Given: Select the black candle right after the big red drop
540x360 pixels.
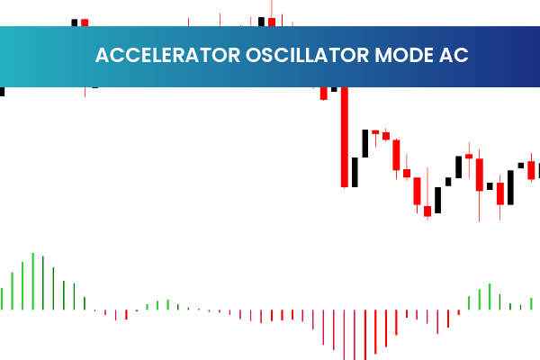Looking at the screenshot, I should [355, 171].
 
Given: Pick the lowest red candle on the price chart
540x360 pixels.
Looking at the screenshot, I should [427, 211].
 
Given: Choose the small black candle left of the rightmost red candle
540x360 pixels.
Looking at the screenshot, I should [520, 166].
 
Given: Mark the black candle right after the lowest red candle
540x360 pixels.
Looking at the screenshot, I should [437, 199].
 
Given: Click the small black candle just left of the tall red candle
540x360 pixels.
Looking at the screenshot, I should [334, 89].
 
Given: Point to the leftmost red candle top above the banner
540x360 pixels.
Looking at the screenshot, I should [85, 22].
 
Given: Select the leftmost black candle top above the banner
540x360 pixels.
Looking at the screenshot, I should [74, 22].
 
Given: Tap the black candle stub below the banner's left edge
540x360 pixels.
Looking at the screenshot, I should [2, 91].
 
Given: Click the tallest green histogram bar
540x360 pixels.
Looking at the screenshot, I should [32, 282].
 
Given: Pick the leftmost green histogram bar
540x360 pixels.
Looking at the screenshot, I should [2, 299].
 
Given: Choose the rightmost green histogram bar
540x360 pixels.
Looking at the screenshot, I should [531, 303].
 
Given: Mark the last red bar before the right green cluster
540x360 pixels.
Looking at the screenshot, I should [458, 313].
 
